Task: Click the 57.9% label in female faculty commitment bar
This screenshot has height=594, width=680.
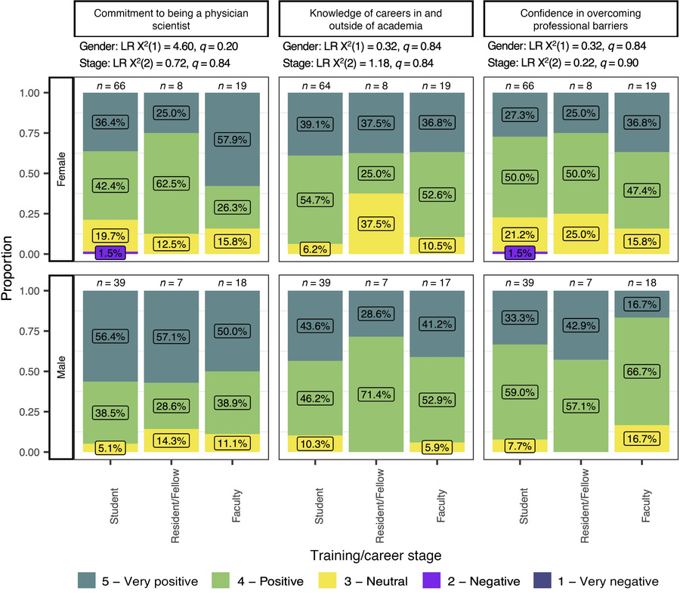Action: [x=227, y=141]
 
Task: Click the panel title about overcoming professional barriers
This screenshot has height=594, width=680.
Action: [x=578, y=19]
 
